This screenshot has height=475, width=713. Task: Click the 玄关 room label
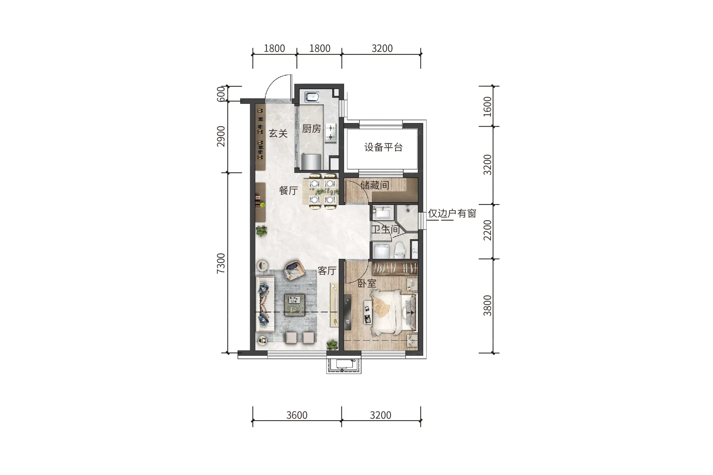(278, 134)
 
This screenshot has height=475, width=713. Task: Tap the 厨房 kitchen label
(311, 129)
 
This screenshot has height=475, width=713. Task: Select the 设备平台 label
(383, 147)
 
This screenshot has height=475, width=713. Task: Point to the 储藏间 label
(375, 185)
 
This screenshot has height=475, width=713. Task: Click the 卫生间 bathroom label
(385, 229)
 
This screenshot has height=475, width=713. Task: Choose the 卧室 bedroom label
(367, 283)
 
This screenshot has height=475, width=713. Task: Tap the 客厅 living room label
(327, 271)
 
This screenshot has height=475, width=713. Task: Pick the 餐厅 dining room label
(288, 191)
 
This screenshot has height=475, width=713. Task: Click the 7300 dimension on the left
(221, 263)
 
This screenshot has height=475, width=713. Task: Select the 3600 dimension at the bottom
(297, 415)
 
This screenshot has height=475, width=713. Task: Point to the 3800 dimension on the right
(487, 305)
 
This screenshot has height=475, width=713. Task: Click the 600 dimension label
(221, 94)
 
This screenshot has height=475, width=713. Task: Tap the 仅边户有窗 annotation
(452, 213)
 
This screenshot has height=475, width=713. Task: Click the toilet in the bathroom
(400, 250)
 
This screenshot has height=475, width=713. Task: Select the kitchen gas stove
(331, 133)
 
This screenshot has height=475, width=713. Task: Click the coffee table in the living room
(295, 305)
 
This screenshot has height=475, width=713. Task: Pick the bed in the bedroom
(393, 312)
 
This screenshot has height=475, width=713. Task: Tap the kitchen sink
(312, 97)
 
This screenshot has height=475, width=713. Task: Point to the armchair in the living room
(295, 269)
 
